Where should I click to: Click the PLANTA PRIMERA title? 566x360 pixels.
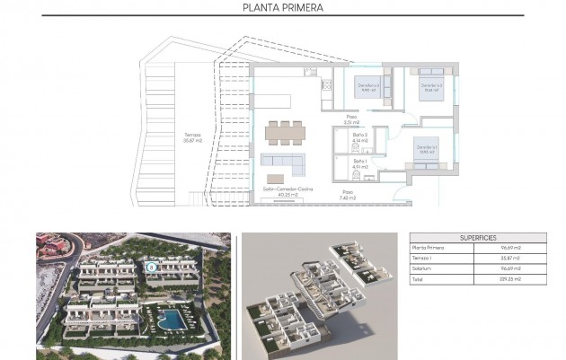pyautogui.click(x=282, y=8)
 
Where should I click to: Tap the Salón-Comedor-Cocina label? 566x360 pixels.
pyautogui.click(x=287, y=191)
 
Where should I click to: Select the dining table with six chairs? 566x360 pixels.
pyautogui.click(x=285, y=131)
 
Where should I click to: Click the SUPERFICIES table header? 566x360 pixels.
pyautogui.click(x=478, y=239)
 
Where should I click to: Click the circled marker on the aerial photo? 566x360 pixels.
pyautogui.click(x=152, y=265)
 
